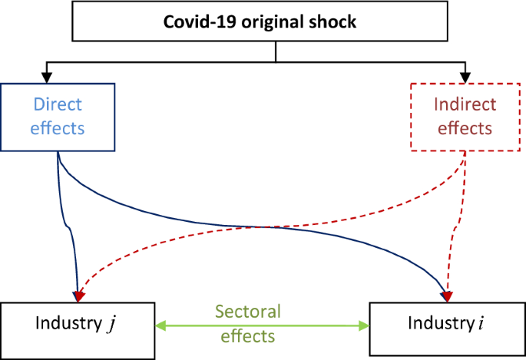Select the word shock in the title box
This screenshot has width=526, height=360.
[x=332, y=21]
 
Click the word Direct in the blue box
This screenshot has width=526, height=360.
[x=57, y=104]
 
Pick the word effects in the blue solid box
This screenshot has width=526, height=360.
[x=57, y=127]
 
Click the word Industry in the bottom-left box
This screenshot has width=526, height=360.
[x=67, y=322]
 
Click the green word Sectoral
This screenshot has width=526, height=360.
[x=248, y=312]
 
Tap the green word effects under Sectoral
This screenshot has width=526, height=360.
[x=248, y=336]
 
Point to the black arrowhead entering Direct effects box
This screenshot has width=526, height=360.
[x=47, y=78]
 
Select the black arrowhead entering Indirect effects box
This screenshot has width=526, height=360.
[x=465, y=78]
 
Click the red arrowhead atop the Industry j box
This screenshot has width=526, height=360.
[x=79, y=296]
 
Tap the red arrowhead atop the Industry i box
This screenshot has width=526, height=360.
[x=447, y=296]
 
